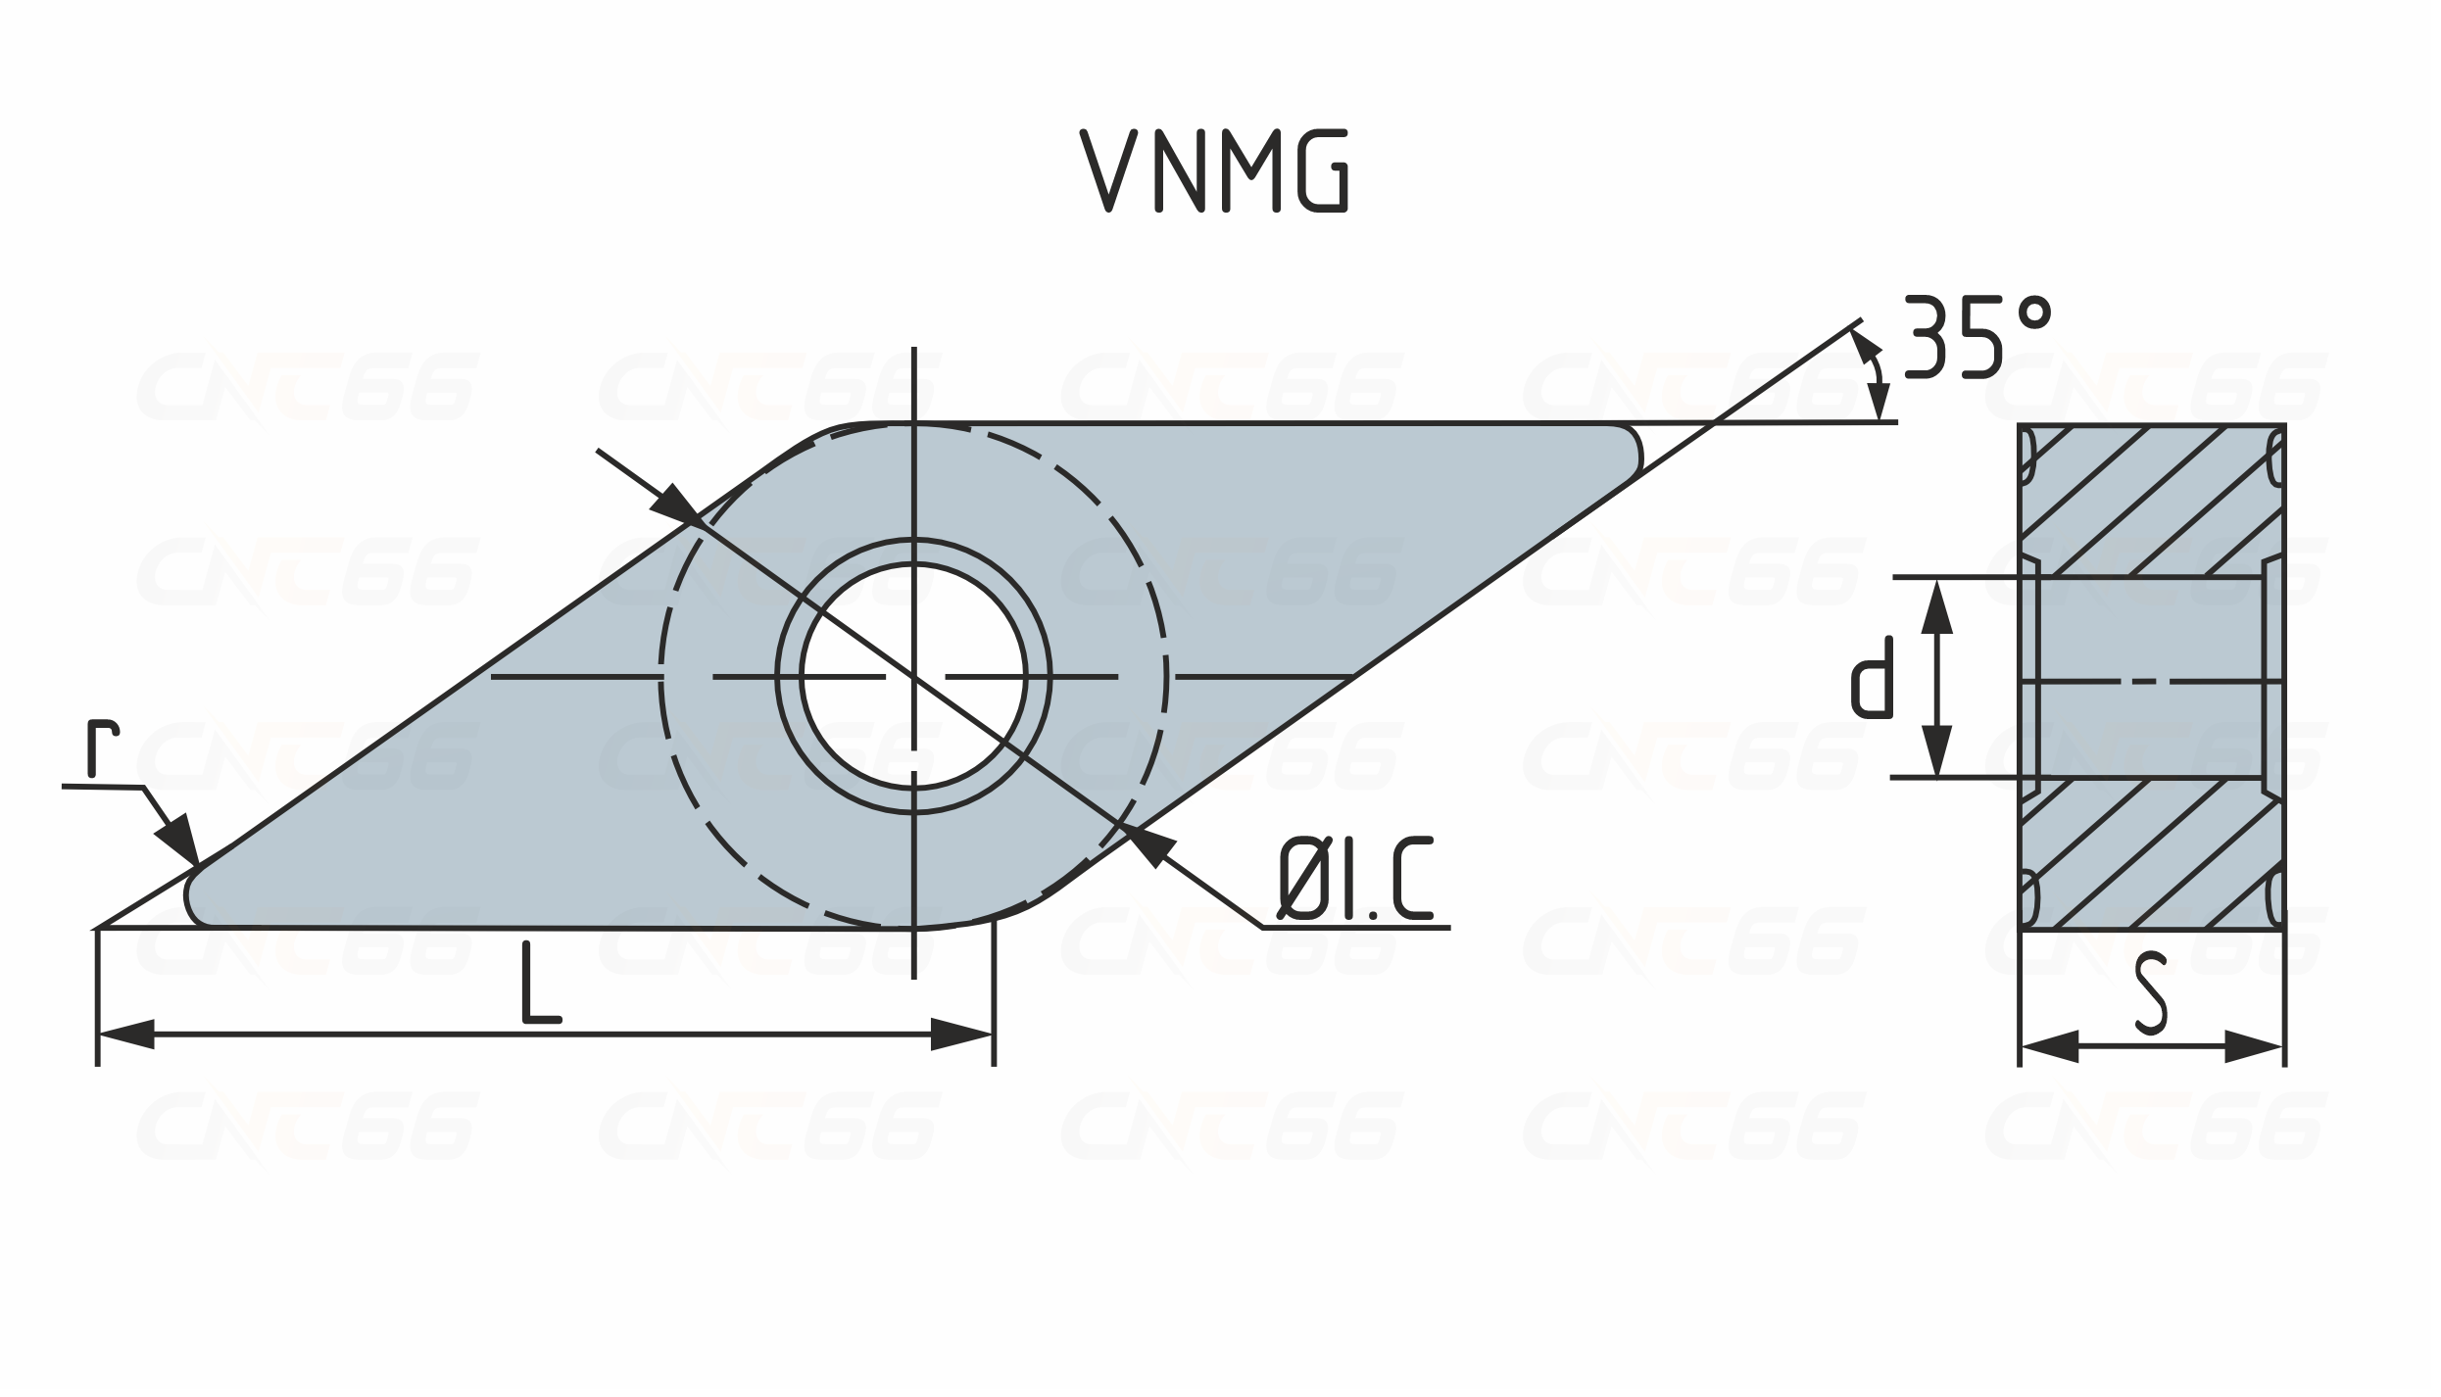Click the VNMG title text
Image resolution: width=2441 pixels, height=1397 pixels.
pos(1215,170)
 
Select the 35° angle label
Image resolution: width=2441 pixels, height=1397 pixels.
pos(1977,337)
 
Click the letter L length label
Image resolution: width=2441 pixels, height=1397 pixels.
pos(541,983)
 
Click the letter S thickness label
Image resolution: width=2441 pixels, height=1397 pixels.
pos(2150,995)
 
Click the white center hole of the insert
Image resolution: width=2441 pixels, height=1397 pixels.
pos(913,676)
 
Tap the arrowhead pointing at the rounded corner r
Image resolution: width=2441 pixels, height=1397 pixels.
pos(178,838)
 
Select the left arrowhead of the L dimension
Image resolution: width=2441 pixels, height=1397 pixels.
pos(126,1035)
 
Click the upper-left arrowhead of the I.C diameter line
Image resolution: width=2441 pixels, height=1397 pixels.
pos(674,504)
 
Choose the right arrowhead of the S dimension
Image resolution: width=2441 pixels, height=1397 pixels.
pos(2255,1046)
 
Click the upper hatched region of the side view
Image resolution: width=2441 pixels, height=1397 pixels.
pos(2152,500)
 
